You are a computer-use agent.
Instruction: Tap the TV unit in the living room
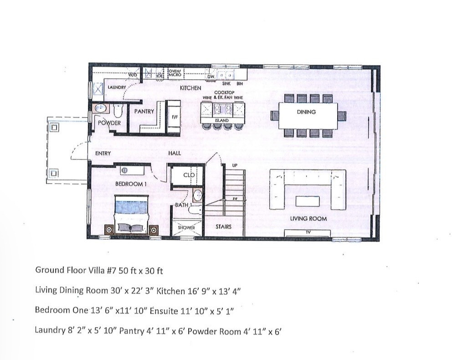pyautogui.click(x=307, y=233)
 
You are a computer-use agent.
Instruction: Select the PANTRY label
pyautogui.click(x=144, y=111)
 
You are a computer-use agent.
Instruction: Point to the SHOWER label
pyautogui.click(x=186, y=227)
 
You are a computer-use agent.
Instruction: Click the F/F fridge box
pyautogui.click(x=174, y=117)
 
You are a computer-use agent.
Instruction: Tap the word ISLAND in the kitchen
pyautogui.click(x=221, y=121)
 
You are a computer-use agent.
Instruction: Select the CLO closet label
pyautogui.click(x=189, y=175)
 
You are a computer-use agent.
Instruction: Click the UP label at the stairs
pyautogui.click(x=235, y=165)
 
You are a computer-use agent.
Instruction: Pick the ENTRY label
pyautogui.click(x=103, y=154)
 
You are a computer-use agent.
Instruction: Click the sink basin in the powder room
pyautogui.click(x=100, y=108)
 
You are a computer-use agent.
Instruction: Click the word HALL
pyautogui.click(x=175, y=154)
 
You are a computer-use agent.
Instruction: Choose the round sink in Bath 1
pyautogui.click(x=197, y=196)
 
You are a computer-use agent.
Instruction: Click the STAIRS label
pyautogui.click(x=223, y=226)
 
